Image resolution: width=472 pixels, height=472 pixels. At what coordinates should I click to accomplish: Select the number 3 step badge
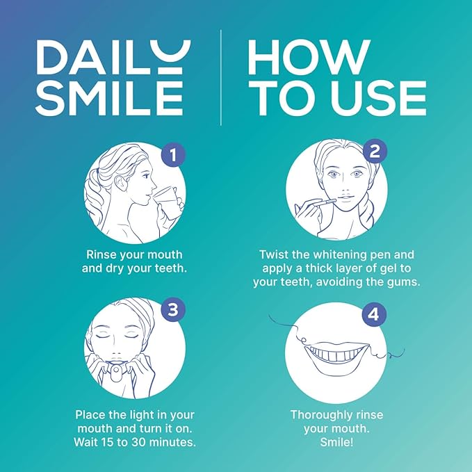172,309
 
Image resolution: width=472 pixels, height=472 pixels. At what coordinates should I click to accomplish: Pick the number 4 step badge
373,314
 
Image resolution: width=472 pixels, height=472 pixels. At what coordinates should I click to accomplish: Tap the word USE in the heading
375,98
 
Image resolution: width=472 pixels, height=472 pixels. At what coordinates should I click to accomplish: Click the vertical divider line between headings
221,77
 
